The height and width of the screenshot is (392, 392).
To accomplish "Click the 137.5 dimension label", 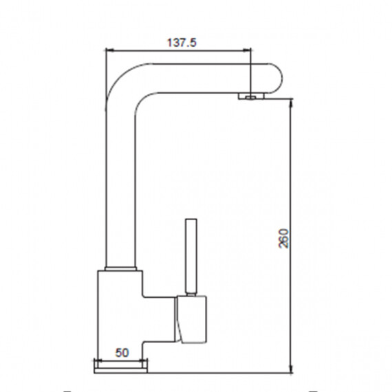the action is pos(182,43).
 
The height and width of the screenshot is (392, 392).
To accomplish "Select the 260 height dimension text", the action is pos(283,238).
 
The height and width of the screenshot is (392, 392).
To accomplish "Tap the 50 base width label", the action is pos(122,353).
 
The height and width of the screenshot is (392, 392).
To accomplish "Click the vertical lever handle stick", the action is pos(191,256).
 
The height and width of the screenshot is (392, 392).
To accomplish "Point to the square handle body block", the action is pos(192,320).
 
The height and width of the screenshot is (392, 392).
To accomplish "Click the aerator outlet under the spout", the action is pos(251,96).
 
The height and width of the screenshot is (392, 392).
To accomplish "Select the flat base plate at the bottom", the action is pos(121,370).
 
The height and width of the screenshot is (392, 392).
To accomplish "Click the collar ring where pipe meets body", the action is pos(121,269).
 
